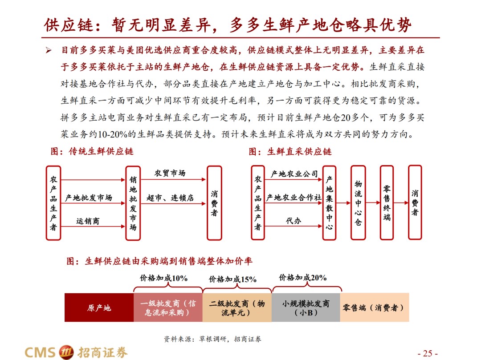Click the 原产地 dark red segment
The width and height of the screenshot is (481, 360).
[x=99, y=307]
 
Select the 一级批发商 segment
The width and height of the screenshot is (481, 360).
[x=168, y=307]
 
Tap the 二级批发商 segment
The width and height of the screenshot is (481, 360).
[x=237, y=307]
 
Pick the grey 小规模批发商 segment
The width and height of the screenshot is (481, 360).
[x=306, y=307]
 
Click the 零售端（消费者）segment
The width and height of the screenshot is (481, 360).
[x=375, y=307]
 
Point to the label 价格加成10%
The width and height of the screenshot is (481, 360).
[x=163, y=278]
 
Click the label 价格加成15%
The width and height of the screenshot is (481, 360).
[x=232, y=279]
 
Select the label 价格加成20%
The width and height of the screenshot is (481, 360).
[x=302, y=278]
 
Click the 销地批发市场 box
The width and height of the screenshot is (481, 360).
[x=133, y=203]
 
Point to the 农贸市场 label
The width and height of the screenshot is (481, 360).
[x=170, y=173]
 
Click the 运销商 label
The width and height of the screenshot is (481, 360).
[x=88, y=221]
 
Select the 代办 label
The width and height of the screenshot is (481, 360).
[x=293, y=220]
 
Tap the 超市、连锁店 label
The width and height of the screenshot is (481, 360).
[x=170, y=198]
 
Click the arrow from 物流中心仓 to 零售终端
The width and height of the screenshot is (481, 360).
[x=373, y=202]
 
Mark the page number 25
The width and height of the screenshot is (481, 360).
[x=428, y=353]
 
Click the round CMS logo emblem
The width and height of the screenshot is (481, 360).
[x=66, y=352]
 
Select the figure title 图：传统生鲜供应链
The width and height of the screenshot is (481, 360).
[x=92, y=151]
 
